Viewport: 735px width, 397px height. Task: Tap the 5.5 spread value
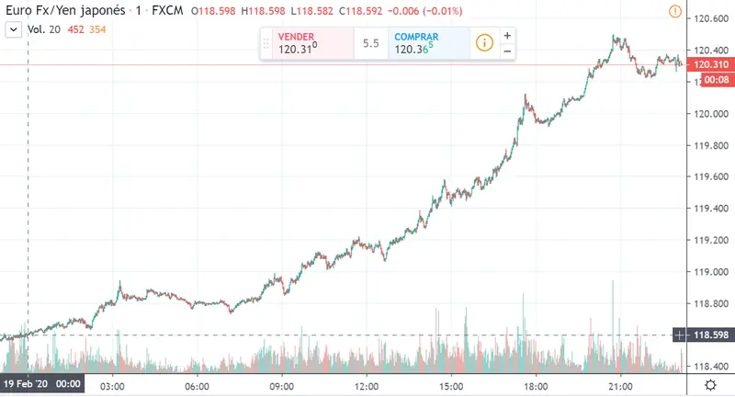pos(371,43)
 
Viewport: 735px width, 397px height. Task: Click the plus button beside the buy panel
pos(507,35)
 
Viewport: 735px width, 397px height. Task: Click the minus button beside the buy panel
pos(507,51)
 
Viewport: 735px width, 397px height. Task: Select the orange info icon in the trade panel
pos(484,43)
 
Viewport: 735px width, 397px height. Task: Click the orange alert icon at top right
pos(675,12)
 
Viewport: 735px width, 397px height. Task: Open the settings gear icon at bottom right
pos(710,384)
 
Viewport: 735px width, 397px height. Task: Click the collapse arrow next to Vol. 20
pos(13,29)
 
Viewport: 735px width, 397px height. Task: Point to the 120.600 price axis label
pos(713,18)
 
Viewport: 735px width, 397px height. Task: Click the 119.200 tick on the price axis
pos(713,240)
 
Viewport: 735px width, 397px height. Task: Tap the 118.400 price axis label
pos(713,367)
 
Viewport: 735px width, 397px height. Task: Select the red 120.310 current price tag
pos(713,65)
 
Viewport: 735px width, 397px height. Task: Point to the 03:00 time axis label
pos(112,384)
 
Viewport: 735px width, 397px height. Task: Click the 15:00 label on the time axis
pos(451,384)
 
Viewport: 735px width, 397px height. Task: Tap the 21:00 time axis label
pos(621,384)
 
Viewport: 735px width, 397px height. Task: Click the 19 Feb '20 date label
pos(42,384)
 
